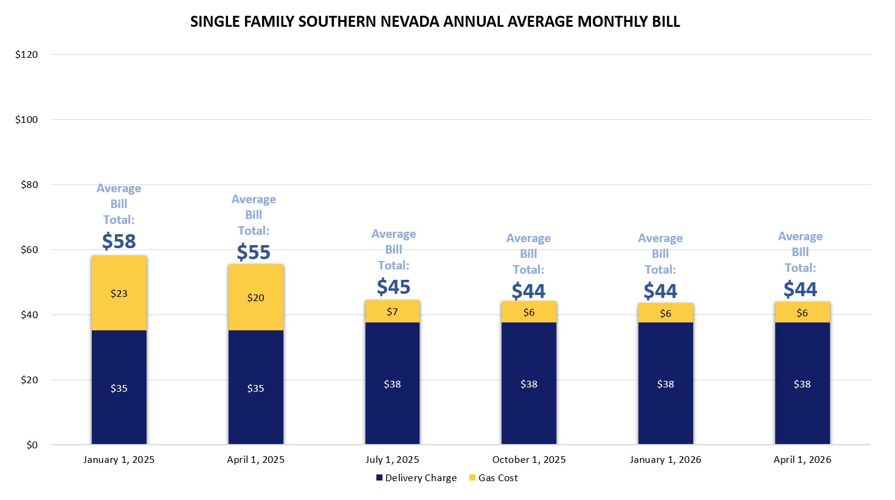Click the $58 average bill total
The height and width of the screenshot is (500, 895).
point(119,241)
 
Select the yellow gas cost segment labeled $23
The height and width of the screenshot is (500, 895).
point(119,293)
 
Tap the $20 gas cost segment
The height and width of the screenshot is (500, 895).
point(255,297)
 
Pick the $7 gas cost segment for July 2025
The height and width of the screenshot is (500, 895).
point(392,311)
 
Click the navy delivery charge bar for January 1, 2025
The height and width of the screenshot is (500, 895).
point(119,387)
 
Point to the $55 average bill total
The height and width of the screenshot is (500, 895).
point(254,252)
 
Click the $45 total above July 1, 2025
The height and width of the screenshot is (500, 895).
point(393,286)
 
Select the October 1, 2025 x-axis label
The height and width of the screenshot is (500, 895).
point(528,460)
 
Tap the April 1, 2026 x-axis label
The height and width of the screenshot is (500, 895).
point(802,460)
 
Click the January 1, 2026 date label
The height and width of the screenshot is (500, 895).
point(665,460)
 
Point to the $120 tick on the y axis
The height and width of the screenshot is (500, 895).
point(26,55)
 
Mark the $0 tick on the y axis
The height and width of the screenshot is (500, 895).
point(32,445)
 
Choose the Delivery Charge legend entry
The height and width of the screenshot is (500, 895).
point(416,478)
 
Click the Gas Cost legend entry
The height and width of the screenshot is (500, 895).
point(493,478)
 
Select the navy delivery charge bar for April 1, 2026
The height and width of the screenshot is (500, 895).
point(802,384)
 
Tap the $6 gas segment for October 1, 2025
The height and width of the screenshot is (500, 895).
point(528,312)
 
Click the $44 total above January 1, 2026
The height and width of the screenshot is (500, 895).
point(660,291)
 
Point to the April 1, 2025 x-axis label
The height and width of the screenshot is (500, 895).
point(255,460)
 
